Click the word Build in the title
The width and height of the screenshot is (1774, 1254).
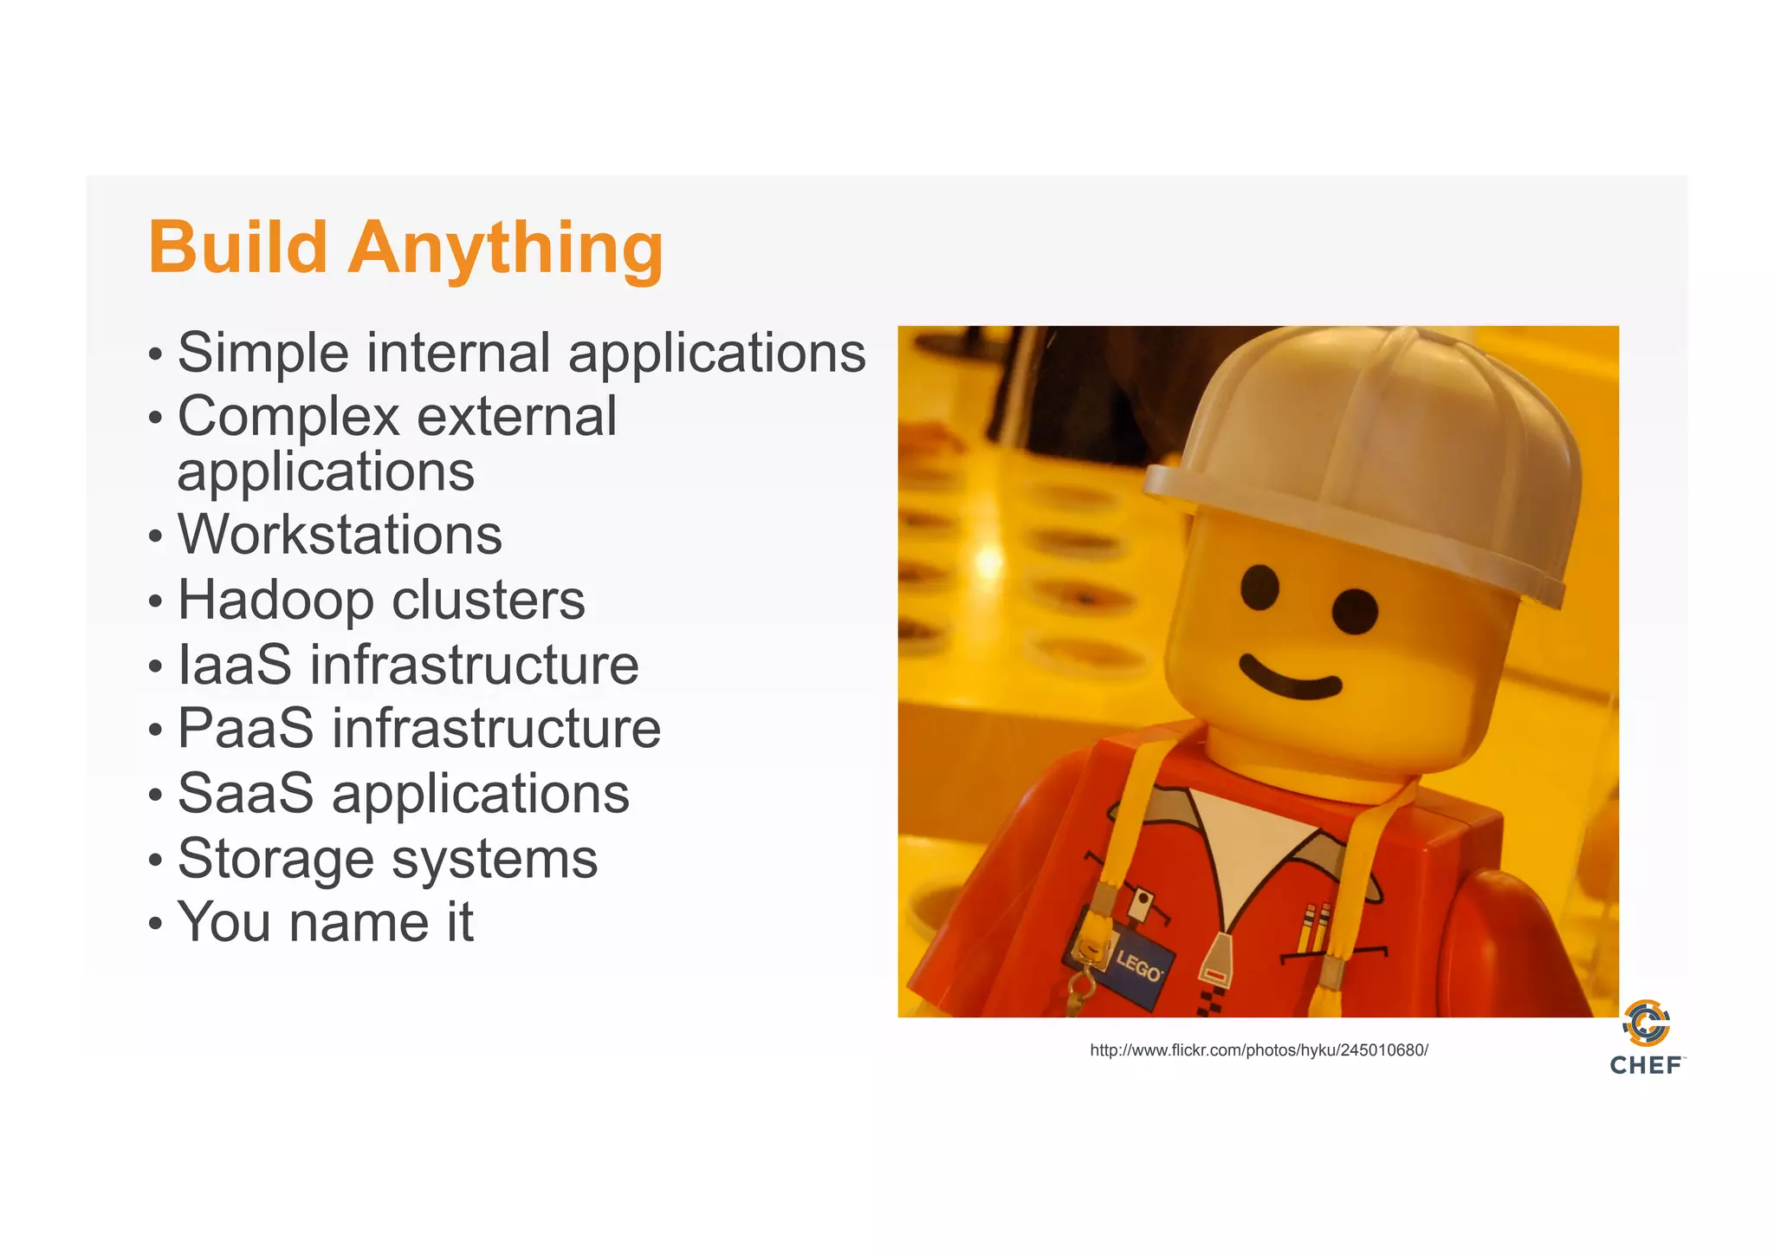pos(237,248)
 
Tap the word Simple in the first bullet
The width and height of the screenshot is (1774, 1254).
pos(262,354)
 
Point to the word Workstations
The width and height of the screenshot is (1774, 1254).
pos(340,535)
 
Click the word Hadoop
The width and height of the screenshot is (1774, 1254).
pos(275,600)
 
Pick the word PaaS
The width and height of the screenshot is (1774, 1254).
pos(246,728)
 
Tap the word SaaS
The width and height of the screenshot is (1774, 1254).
pos(245,793)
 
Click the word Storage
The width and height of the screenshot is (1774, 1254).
pos(275,859)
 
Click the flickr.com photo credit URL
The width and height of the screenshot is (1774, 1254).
pos(1259,1050)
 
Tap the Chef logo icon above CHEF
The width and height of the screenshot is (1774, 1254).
pos(1647,1023)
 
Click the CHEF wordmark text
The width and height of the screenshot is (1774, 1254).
pos(1646,1065)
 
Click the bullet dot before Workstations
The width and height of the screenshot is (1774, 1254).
pos(155,536)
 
